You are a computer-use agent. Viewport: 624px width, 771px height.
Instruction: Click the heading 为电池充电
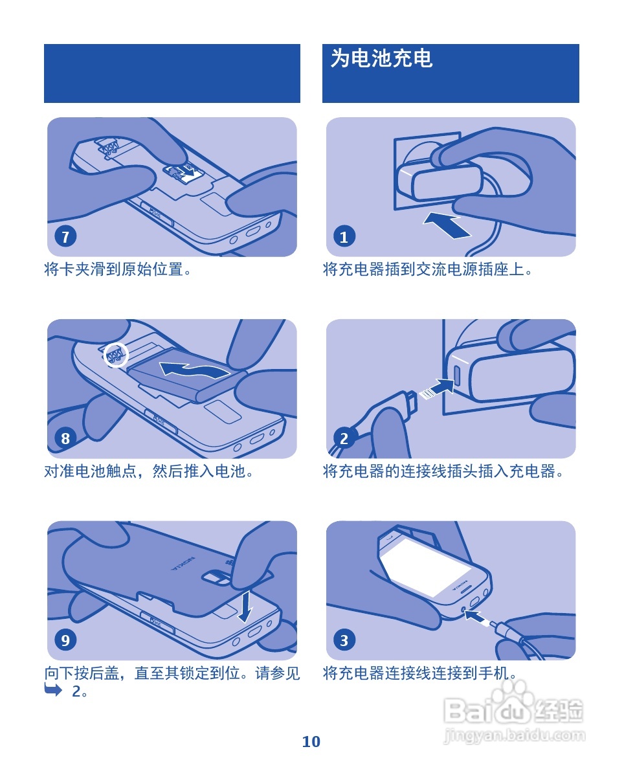click(381, 58)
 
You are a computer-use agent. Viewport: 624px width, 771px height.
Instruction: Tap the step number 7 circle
click(65, 236)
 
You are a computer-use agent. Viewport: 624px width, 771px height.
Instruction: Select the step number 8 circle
click(65, 438)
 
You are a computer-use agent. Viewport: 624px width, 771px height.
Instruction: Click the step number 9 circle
click(65, 640)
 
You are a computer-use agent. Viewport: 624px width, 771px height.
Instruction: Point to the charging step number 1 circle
click(344, 236)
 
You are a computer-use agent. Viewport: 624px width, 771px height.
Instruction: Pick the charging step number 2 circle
click(344, 438)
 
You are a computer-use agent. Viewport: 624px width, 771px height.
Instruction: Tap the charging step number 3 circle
click(344, 640)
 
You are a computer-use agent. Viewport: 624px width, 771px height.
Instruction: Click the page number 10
click(311, 741)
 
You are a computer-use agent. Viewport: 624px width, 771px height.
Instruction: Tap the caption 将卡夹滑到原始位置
click(118, 269)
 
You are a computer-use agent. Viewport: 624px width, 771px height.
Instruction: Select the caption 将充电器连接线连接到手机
click(419, 673)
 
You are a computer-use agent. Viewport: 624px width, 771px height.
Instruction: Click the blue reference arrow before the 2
click(53, 690)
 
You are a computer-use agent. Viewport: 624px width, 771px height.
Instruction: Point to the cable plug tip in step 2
click(412, 401)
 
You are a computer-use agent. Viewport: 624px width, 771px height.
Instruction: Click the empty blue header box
click(172, 73)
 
